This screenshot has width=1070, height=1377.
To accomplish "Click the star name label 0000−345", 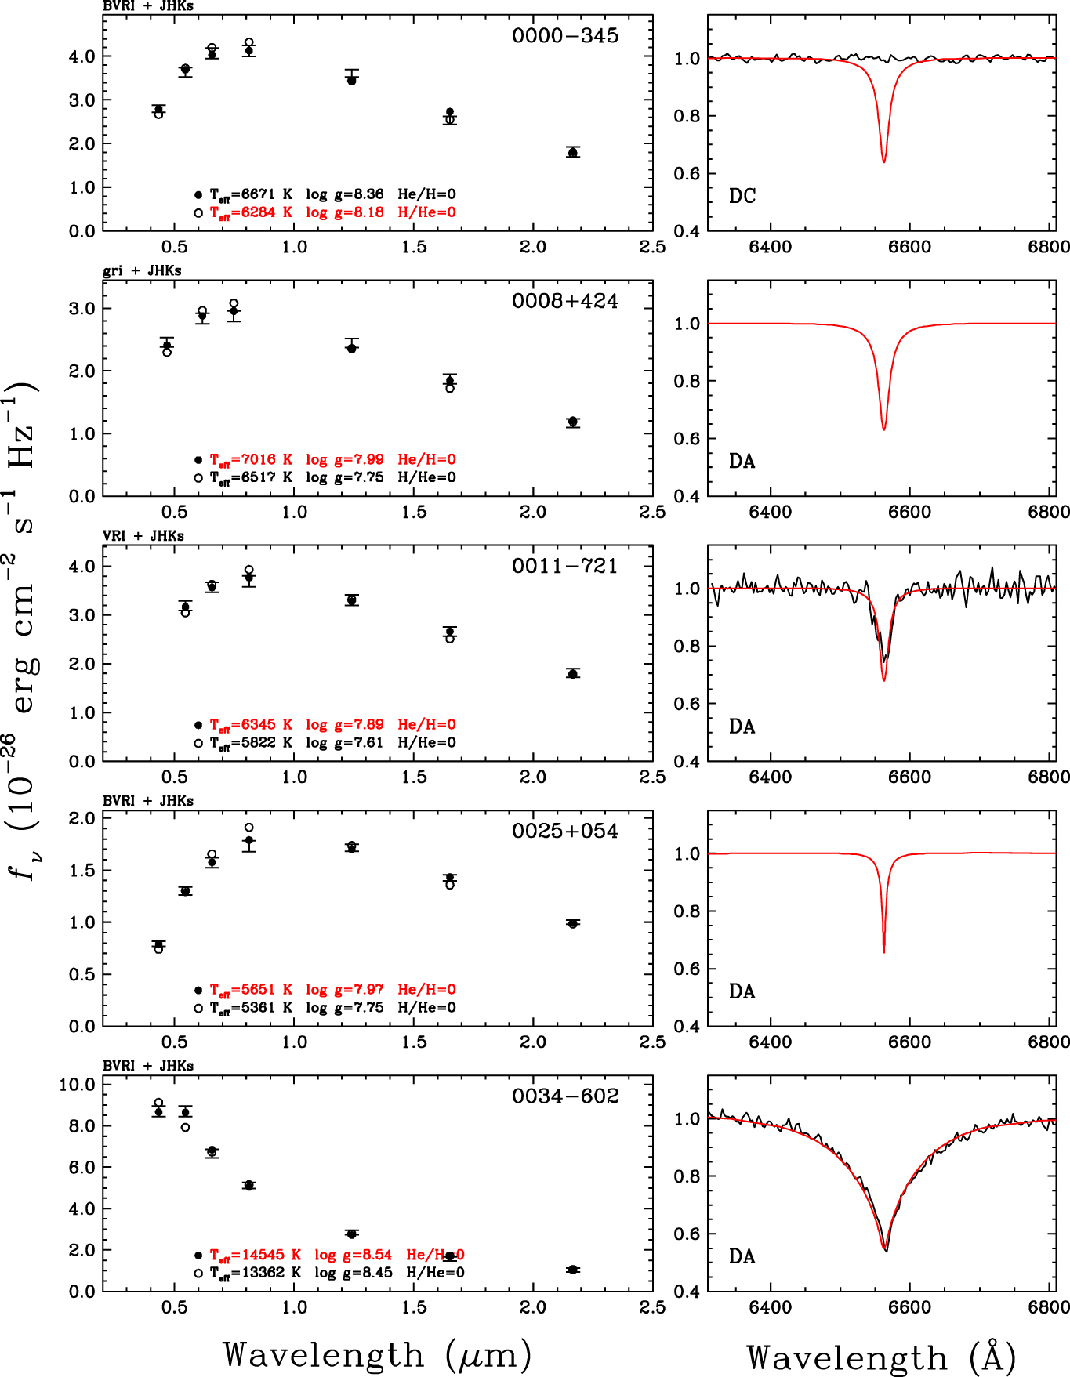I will click(x=564, y=36).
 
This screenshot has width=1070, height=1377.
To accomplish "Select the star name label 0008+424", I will click(x=564, y=301).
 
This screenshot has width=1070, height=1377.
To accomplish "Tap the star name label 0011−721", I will click(x=564, y=566).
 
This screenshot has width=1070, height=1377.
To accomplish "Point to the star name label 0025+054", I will click(x=564, y=831).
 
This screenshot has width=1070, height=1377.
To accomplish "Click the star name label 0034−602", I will click(x=564, y=1096).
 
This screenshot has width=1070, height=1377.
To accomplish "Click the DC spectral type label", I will click(x=742, y=196).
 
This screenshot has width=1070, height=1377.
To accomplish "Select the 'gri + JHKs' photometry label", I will click(x=142, y=271).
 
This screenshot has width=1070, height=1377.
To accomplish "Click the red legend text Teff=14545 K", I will click(x=256, y=1255).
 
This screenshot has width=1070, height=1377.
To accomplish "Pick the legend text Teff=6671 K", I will click(x=251, y=194).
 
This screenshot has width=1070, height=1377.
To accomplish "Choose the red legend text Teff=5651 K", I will click(x=251, y=990).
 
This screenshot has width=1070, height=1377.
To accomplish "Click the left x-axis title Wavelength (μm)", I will click(x=377, y=1354).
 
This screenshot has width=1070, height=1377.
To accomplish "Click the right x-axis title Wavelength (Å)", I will click(x=881, y=1357).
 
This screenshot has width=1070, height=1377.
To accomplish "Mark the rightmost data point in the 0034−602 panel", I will click(x=573, y=1270).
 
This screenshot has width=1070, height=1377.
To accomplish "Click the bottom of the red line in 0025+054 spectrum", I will click(x=883, y=951).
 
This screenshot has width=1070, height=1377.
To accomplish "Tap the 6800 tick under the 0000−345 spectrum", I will click(x=1049, y=247).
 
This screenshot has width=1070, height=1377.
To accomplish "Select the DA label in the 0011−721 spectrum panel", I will click(x=742, y=727).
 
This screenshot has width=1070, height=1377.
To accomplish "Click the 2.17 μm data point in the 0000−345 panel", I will click(x=573, y=153).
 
